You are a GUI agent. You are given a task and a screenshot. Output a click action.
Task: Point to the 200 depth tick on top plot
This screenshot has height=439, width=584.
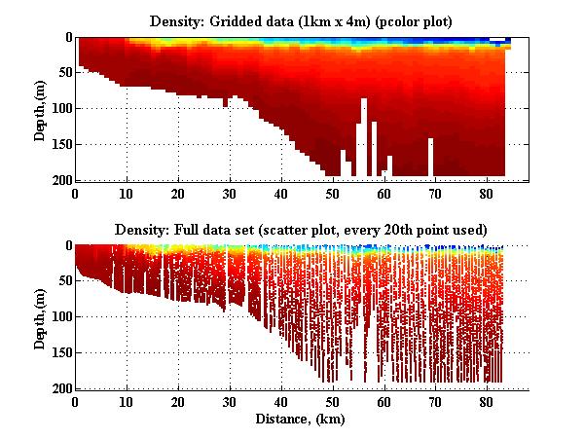pyautogui.click(x=60, y=180)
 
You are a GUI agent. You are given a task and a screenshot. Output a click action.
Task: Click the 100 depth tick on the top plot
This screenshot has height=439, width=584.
pyautogui.click(x=60, y=109)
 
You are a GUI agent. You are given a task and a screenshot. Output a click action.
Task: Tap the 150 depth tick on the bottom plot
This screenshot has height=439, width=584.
pyautogui.click(x=60, y=352)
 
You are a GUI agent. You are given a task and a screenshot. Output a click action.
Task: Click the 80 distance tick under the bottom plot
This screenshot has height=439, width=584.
pyautogui.click(x=487, y=401)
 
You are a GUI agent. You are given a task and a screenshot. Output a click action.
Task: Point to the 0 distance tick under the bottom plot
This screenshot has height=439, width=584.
pyautogui.click(x=75, y=401)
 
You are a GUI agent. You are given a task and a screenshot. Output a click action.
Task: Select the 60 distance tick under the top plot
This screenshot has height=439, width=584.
pyautogui.click(x=384, y=193)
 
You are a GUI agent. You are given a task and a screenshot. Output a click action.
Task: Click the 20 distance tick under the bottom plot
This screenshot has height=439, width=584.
pyautogui.click(x=178, y=401)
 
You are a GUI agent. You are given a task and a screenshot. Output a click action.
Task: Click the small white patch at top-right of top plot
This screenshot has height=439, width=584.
pyautogui.click(x=498, y=40)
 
